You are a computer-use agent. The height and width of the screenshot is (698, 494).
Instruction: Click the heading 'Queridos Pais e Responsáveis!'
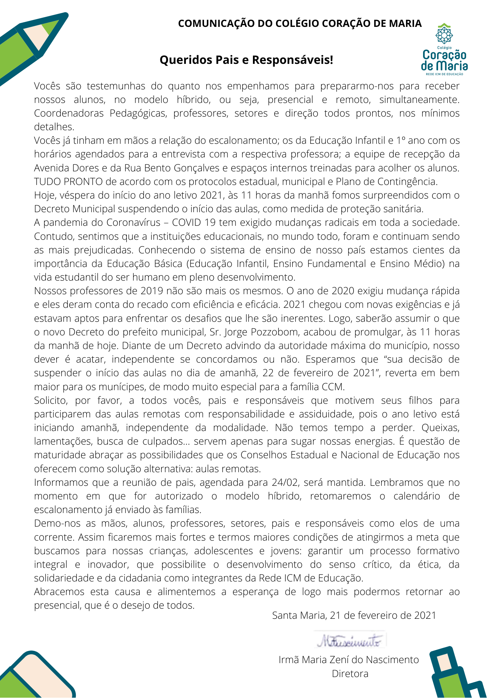246,60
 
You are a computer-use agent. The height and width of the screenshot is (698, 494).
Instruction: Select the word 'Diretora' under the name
350,674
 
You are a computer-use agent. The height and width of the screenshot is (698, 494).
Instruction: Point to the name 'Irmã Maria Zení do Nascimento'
349,660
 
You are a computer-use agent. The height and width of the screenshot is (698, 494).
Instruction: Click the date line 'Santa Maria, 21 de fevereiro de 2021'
354,615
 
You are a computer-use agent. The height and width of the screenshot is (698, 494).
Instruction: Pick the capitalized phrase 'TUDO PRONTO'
68,182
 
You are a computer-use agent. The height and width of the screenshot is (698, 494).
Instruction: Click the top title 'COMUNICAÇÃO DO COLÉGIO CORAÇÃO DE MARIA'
300,23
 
